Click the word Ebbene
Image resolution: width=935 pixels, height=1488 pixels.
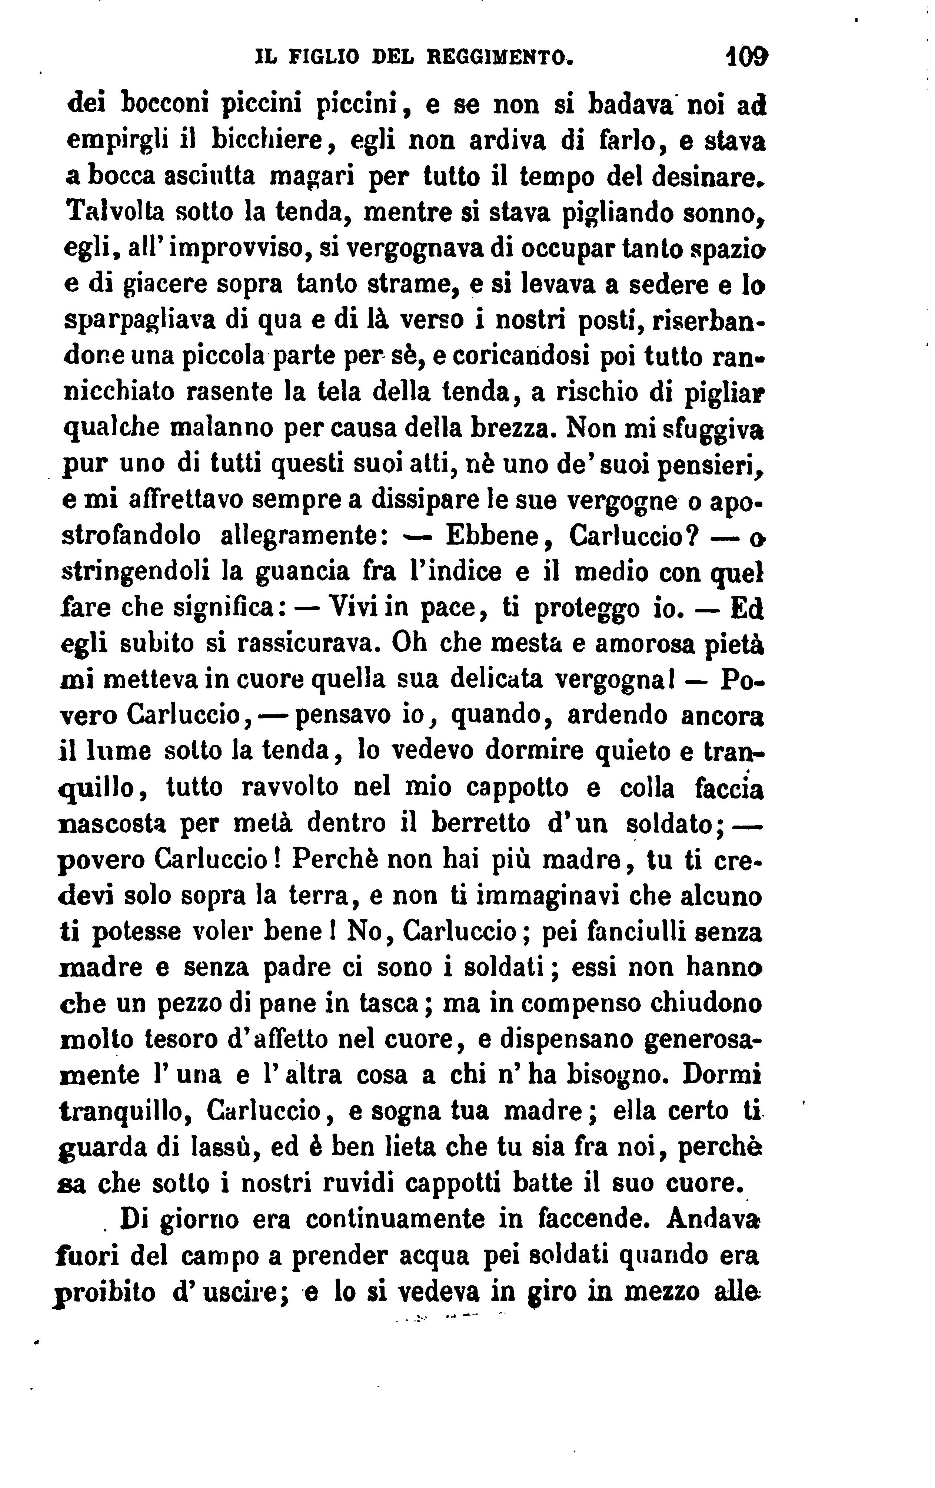click(x=493, y=535)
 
